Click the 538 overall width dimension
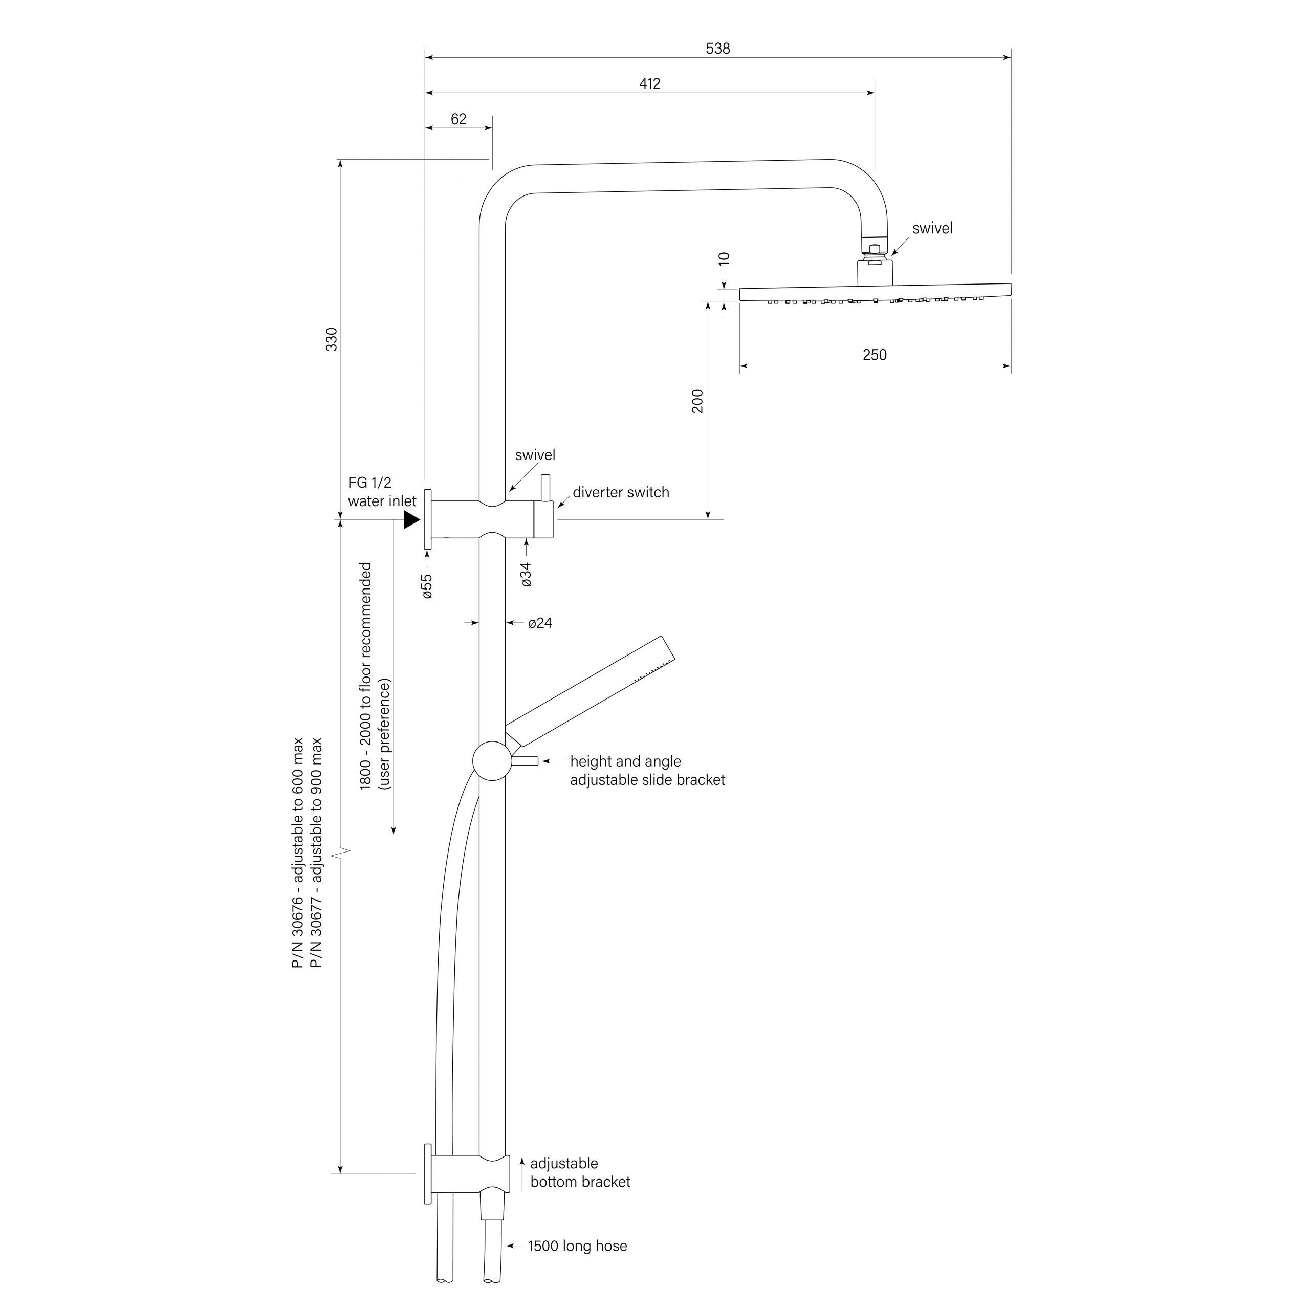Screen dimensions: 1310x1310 717,49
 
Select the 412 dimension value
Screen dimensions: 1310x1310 649,84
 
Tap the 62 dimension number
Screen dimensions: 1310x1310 458,119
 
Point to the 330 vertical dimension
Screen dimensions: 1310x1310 332,339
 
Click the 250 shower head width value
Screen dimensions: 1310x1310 874,355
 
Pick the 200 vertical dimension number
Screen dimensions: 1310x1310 697,401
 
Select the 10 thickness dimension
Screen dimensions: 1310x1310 724,258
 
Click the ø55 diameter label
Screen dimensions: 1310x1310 427,586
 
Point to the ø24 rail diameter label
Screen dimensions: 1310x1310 540,623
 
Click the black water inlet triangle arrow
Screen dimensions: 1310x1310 411,520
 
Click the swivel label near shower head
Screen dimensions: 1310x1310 932,229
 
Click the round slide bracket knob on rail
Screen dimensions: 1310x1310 492,761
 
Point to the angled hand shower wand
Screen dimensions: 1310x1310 590,692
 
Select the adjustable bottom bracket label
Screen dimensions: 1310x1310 580,1173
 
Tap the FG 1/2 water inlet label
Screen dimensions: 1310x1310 382,492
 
